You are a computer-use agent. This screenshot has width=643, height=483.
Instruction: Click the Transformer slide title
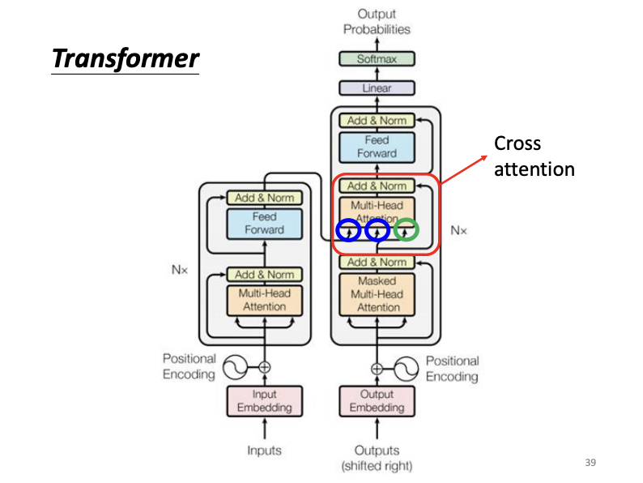click(125, 58)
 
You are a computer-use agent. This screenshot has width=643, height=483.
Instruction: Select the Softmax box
click(376, 59)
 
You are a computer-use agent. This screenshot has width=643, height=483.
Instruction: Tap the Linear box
click(376, 88)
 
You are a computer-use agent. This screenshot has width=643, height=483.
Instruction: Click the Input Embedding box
click(264, 400)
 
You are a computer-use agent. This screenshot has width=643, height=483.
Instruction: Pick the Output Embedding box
click(377, 400)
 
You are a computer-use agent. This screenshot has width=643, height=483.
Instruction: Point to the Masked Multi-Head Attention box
click(377, 294)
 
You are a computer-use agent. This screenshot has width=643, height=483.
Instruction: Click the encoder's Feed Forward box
click(264, 224)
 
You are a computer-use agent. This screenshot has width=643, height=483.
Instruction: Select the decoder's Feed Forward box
click(377, 147)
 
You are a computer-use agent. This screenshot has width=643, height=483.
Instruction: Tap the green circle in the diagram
click(407, 230)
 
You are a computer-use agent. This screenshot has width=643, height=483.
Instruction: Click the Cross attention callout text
click(534, 156)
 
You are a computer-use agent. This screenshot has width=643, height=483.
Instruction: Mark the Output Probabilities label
click(377, 22)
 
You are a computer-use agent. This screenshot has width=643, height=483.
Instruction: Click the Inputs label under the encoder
click(264, 450)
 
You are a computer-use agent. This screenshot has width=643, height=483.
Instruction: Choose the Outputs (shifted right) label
click(377, 457)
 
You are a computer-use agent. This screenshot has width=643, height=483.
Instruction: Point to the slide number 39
click(590, 463)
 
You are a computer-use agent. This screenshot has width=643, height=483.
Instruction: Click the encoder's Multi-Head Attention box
click(264, 300)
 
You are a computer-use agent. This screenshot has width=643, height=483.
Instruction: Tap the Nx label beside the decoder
click(458, 230)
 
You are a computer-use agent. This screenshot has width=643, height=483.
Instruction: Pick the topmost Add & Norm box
click(377, 121)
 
